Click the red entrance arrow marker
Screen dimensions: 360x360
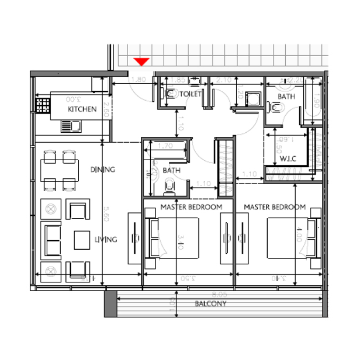[142, 62]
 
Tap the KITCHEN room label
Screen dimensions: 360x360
[82, 109]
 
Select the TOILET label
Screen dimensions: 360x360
[190, 94]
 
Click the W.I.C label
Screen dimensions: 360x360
[288, 159]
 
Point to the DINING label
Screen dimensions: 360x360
[103, 170]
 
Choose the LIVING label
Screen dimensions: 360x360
[106, 239]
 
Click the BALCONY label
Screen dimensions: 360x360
[210, 304]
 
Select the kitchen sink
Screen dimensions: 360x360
[71, 126]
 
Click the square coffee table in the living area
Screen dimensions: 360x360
[82, 239]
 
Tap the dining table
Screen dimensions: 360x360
[59, 170]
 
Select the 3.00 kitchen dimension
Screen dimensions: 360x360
[73, 99]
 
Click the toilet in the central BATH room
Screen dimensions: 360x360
[169, 185]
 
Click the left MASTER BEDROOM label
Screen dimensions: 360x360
[191, 207]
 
